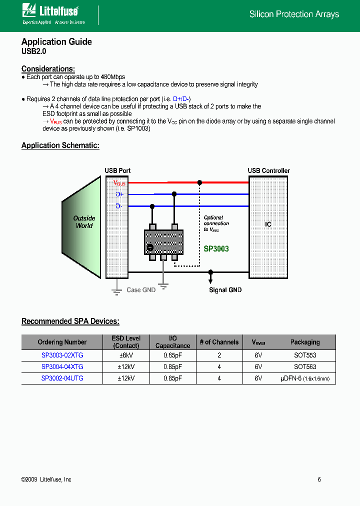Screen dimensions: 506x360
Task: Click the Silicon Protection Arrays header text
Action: tap(294, 14)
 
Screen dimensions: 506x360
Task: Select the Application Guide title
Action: tap(56, 42)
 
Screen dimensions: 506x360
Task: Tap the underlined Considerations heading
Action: tap(48, 69)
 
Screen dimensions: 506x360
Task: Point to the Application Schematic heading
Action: tap(60, 145)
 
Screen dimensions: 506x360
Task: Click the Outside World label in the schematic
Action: tap(84, 222)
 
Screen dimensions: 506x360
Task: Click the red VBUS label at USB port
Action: tap(119, 183)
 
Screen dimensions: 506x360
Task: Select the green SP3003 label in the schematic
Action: tap(216, 248)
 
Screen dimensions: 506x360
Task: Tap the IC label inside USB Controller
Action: tap(268, 224)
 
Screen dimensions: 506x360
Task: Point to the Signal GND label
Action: tap(225, 290)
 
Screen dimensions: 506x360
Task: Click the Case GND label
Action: tap(141, 290)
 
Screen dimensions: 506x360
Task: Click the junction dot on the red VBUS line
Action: tap(199, 183)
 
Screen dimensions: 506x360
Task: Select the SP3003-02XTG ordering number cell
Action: tap(62, 355)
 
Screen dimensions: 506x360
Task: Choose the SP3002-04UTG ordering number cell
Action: tap(62, 378)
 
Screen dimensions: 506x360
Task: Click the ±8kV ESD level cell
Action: tap(126, 355)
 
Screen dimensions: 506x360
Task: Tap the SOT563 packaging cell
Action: tap(305, 366)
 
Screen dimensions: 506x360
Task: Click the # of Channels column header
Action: tap(219, 342)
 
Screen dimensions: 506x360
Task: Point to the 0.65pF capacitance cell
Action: tap(172, 355)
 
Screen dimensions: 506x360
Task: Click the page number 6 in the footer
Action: tap(319, 479)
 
